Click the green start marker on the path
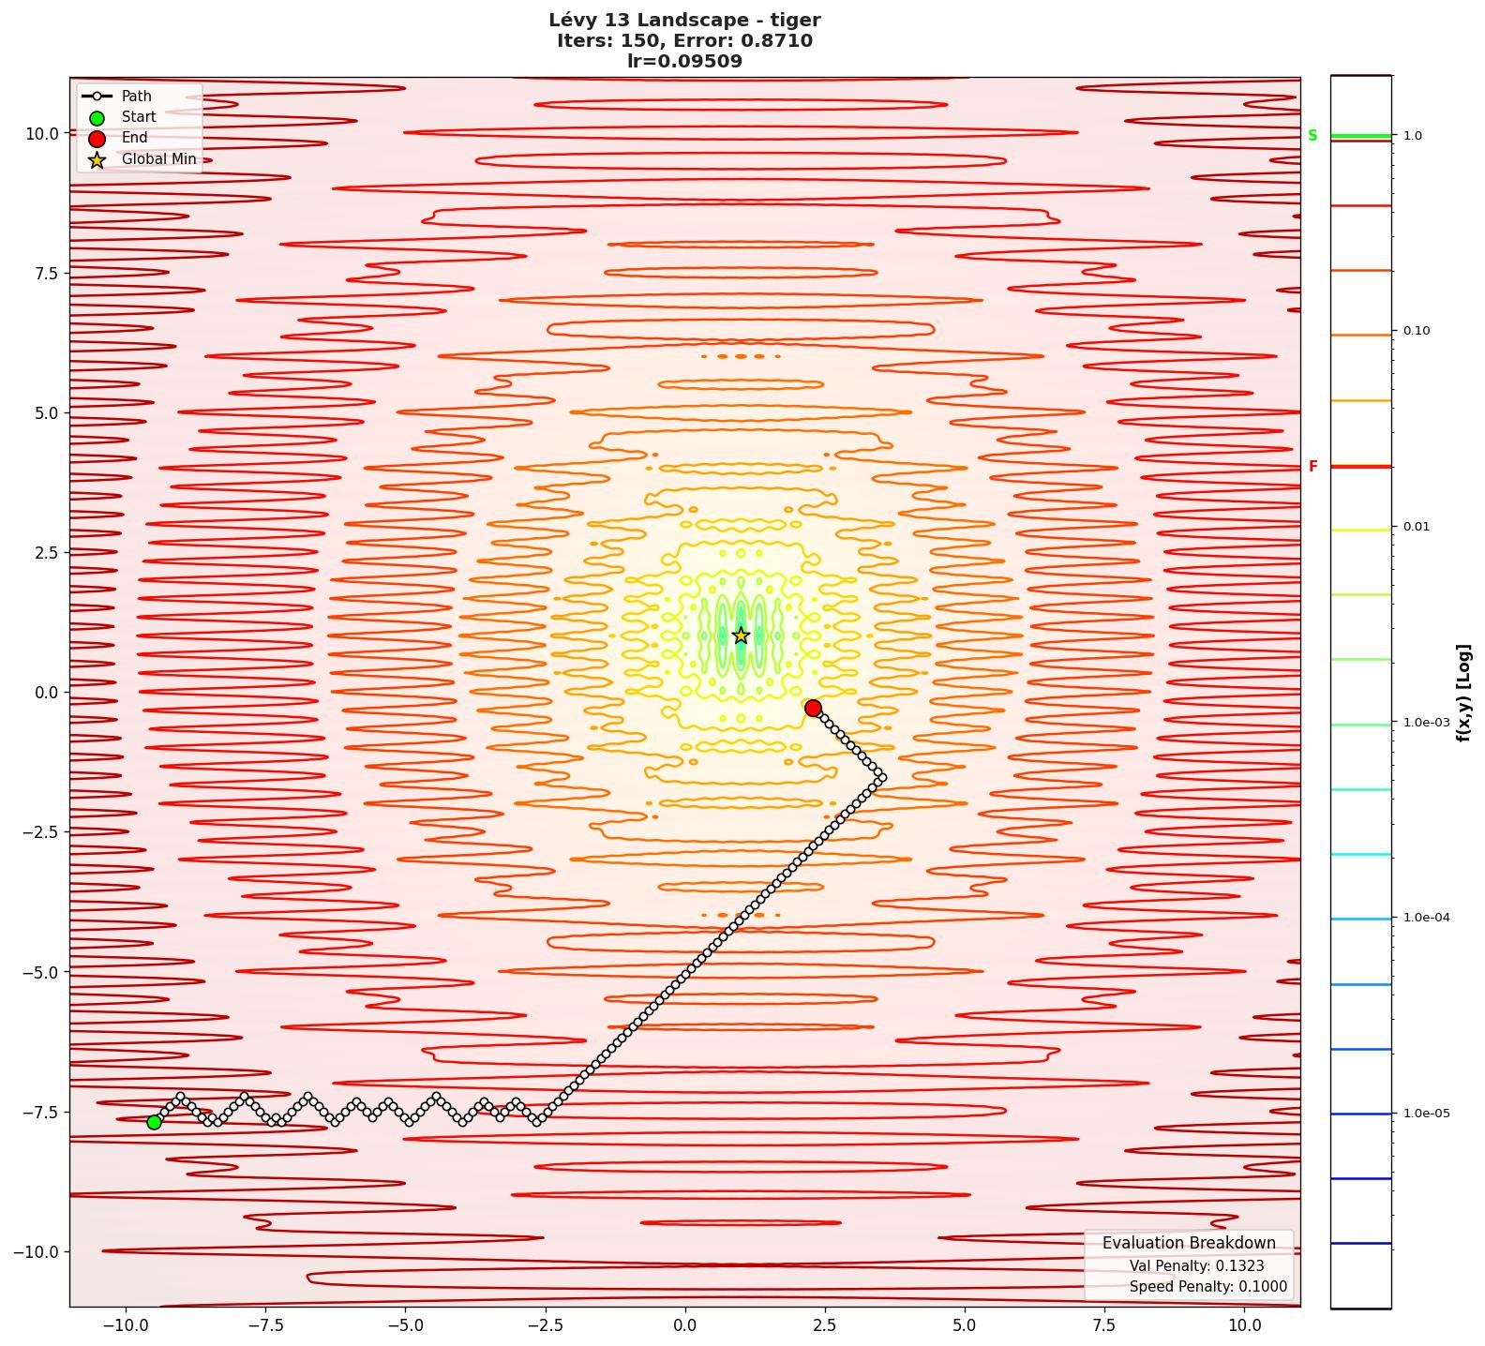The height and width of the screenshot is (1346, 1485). click(x=154, y=1122)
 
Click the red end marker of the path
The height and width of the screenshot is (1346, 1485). click(x=813, y=708)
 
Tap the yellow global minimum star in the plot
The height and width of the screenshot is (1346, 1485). click(x=741, y=636)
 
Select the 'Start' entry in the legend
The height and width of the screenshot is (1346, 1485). click(x=138, y=117)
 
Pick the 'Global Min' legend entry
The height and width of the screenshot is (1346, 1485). click(x=158, y=159)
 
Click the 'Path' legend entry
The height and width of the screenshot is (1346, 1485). click(x=136, y=96)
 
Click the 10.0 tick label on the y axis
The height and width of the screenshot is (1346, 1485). click(x=42, y=133)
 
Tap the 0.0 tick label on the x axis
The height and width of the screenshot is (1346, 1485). click(x=684, y=1325)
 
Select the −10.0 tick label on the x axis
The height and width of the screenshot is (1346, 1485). click(x=125, y=1325)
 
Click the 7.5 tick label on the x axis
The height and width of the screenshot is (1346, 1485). click(x=1104, y=1325)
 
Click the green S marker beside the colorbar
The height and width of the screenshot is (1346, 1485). click(x=1312, y=136)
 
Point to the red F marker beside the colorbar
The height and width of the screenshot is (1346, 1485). click(x=1313, y=466)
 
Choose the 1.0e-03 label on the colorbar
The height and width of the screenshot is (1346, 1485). click(x=1426, y=723)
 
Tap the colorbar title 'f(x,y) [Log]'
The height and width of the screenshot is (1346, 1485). click(x=1463, y=693)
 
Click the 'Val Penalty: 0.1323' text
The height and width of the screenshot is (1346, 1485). click(x=1196, y=1265)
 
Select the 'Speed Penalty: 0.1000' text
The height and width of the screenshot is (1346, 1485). click(x=1207, y=1287)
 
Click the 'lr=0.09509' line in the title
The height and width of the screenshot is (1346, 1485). click(x=684, y=62)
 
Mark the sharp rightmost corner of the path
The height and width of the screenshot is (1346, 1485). click(x=881, y=777)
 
